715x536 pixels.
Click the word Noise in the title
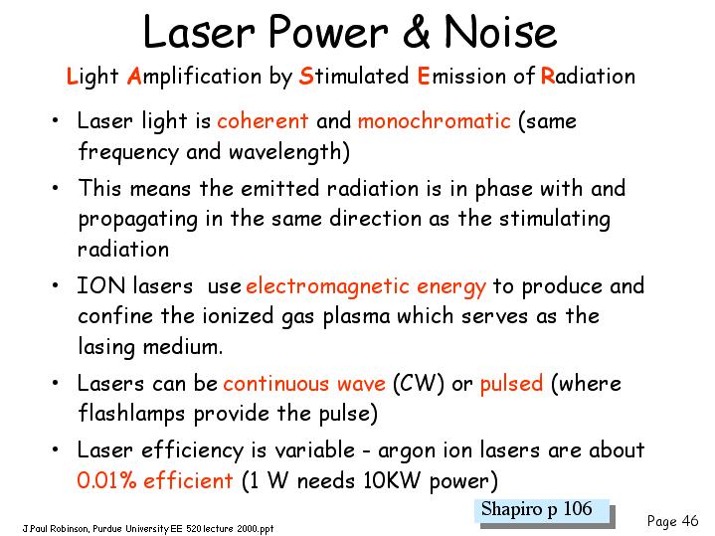pos(500,31)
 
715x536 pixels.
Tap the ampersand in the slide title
pos(417,31)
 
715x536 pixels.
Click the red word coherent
pos(263,121)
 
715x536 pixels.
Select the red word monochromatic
pos(435,121)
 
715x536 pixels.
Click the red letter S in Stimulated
pos(306,76)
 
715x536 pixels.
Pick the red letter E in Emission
pos(424,76)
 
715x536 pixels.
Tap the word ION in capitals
pos(100,286)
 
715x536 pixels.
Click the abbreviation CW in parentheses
pos(418,383)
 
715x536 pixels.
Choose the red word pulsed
pos(511,384)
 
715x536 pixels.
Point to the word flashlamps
pos(131,415)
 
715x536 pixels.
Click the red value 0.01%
pos(107,480)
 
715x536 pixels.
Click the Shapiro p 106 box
pos(545,512)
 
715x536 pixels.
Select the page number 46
pos(690,520)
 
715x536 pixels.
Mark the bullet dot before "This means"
pos(55,188)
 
